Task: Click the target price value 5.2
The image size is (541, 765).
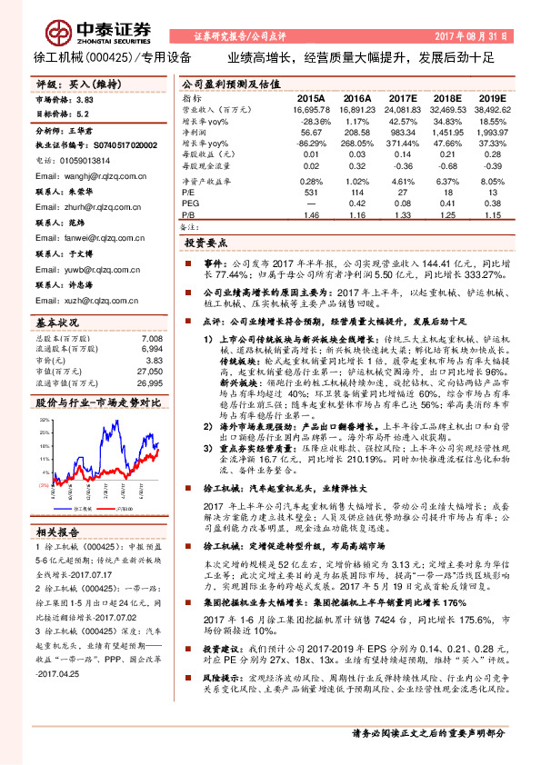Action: point(84,115)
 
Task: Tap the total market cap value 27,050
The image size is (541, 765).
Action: point(149,372)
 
